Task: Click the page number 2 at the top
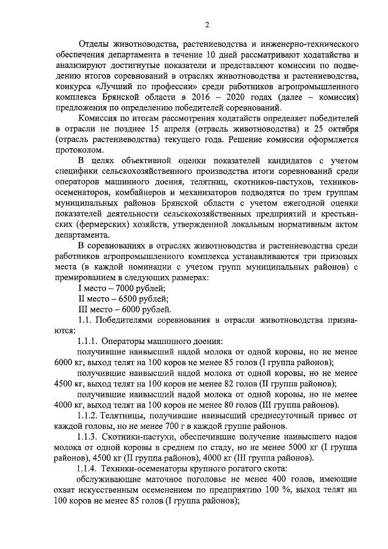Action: (207, 24)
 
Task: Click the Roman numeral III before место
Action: (85, 309)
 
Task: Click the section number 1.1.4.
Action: (90, 469)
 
